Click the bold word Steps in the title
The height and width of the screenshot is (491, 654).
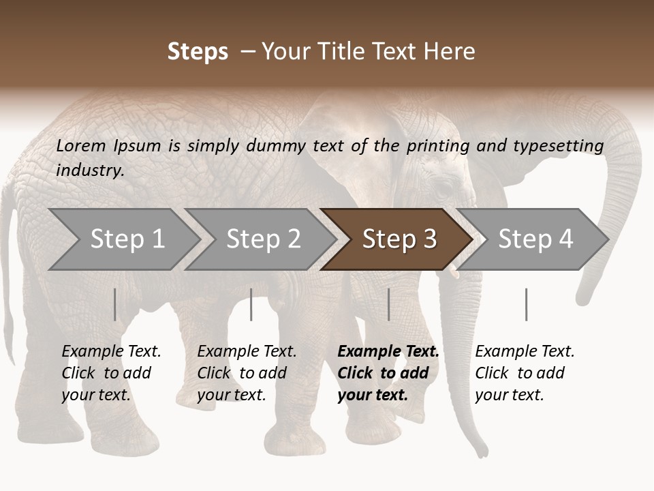[x=198, y=52]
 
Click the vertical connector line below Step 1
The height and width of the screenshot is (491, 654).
[x=115, y=304]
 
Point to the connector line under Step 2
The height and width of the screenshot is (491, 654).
[x=251, y=304]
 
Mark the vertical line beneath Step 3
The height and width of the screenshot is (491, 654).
[x=388, y=304]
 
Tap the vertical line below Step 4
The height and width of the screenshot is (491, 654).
[x=526, y=304]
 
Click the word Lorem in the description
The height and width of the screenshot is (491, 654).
[x=81, y=146]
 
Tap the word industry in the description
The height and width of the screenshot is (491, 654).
[x=90, y=170]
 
